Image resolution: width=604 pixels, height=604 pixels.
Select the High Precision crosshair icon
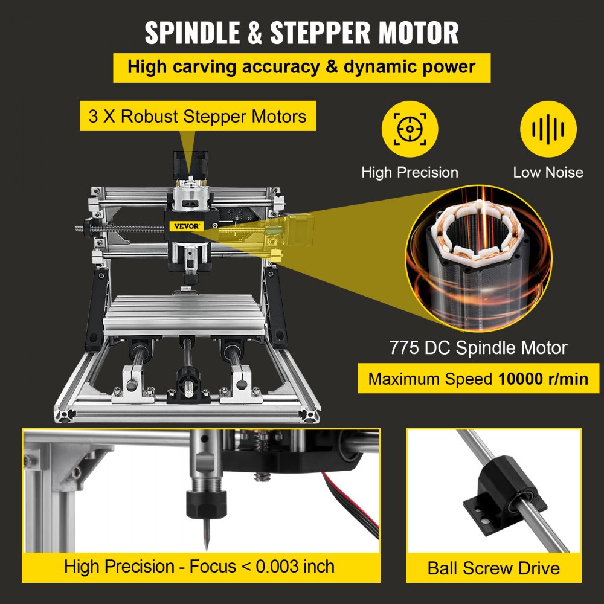[x=410, y=129]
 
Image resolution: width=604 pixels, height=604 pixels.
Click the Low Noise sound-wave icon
[x=548, y=129]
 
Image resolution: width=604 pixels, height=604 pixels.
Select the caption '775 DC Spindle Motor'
[x=477, y=348]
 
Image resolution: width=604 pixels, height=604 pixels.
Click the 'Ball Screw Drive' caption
[x=493, y=568]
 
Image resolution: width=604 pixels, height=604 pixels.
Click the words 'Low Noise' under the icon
[x=548, y=172]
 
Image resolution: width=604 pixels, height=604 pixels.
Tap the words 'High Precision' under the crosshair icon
[x=410, y=172]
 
